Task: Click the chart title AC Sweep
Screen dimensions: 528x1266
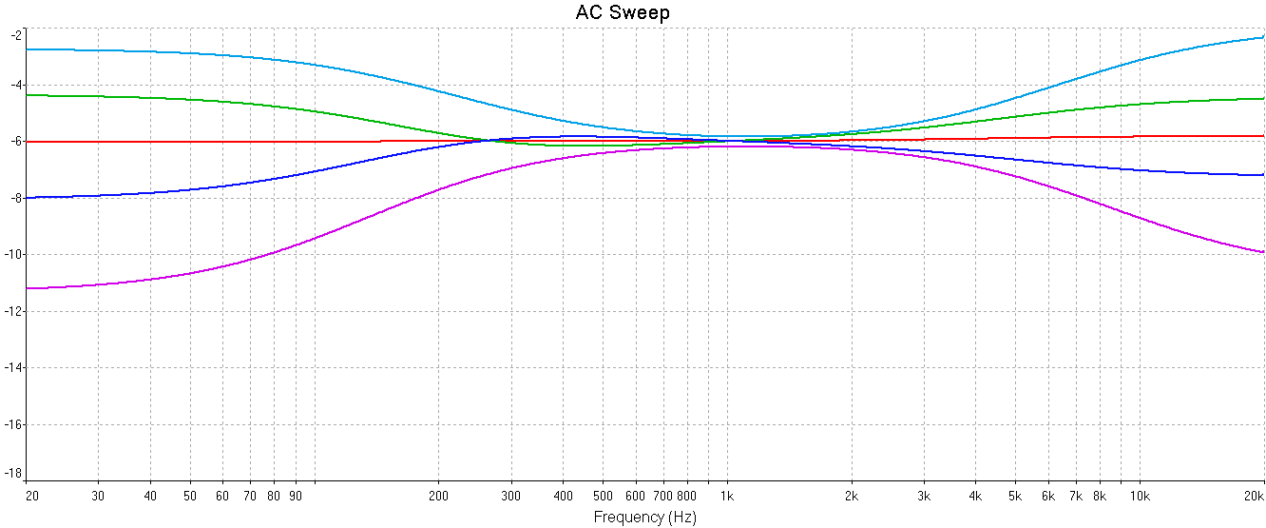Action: pos(623,12)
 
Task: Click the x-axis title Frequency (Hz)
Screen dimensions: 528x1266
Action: pos(644,518)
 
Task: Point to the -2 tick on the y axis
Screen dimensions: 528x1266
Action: pos(14,35)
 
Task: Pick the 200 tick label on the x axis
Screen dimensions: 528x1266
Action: pos(438,496)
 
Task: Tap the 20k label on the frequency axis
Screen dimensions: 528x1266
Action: pos(1254,496)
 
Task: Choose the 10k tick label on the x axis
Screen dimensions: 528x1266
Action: pos(1140,496)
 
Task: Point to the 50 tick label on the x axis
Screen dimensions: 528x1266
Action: pos(190,496)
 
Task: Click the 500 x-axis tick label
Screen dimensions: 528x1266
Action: pos(603,496)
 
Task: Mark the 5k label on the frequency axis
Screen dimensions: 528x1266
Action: pos(1015,496)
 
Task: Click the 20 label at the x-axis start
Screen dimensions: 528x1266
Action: pos(31,496)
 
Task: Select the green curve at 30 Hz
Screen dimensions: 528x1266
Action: pos(99,96)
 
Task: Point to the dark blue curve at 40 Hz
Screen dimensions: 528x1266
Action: pos(150,193)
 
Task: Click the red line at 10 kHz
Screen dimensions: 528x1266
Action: pos(1140,136)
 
